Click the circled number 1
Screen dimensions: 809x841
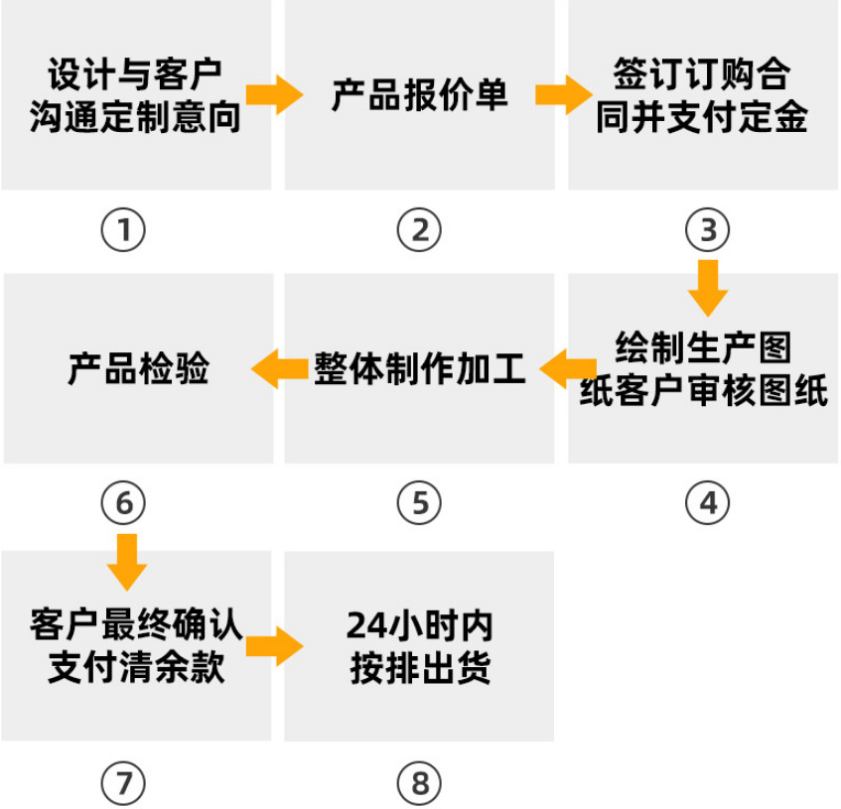[x=123, y=230]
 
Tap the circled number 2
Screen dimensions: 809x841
[x=419, y=230]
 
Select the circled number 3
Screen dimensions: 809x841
[x=707, y=230]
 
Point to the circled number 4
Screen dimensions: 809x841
[x=707, y=503]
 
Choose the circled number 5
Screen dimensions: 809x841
[x=419, y=503]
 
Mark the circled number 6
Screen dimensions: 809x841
[x=123, y=503]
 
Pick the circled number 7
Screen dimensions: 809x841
[x=123, y=784]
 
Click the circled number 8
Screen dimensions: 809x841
[x=419, y=784]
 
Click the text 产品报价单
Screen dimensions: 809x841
[x=419, y=95]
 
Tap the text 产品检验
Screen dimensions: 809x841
[x=138, y=368]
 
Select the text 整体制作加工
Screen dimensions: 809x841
[x=419, y=368]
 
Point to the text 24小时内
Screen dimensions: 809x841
[x=419, y=625]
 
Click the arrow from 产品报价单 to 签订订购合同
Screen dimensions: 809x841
[x=562, y=95]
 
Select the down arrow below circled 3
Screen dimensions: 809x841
[x=707, y=288]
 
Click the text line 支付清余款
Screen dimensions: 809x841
[x=137, y=668]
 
